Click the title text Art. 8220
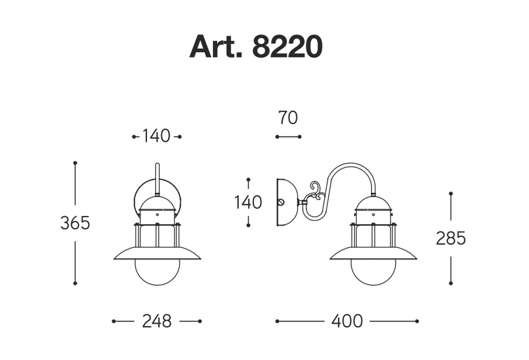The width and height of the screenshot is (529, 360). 256,46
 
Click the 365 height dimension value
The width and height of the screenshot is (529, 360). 75,223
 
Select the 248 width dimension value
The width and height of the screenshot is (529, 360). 157,321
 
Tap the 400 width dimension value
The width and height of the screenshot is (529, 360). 347,321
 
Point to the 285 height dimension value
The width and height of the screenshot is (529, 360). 451,238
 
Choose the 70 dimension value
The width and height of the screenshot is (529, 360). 288,118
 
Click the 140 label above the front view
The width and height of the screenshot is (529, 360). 156,136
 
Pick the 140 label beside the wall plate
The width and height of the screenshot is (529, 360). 248,202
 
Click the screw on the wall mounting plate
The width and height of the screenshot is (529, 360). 280,202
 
